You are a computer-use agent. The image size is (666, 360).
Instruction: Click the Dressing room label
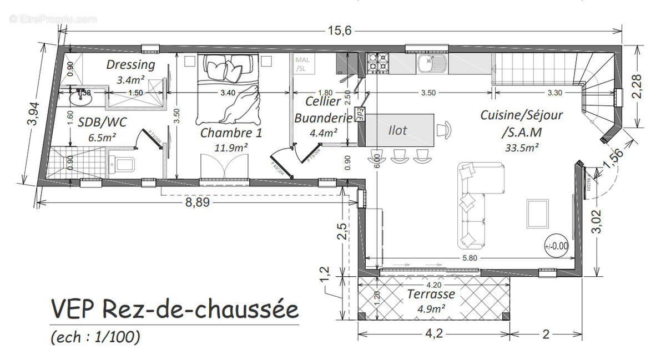[130, 65]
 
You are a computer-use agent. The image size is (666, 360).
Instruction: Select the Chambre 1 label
[231, 133]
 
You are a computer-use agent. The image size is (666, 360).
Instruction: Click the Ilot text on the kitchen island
[397, 130]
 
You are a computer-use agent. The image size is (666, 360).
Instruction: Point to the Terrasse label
[431, 294]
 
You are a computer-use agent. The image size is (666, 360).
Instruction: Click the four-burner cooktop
[378, 63]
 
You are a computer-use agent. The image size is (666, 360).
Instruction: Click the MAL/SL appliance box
[302, 64]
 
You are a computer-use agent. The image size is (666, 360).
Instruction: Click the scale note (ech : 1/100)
[95, 336]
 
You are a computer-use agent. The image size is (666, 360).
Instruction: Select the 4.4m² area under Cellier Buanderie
[324, 133]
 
